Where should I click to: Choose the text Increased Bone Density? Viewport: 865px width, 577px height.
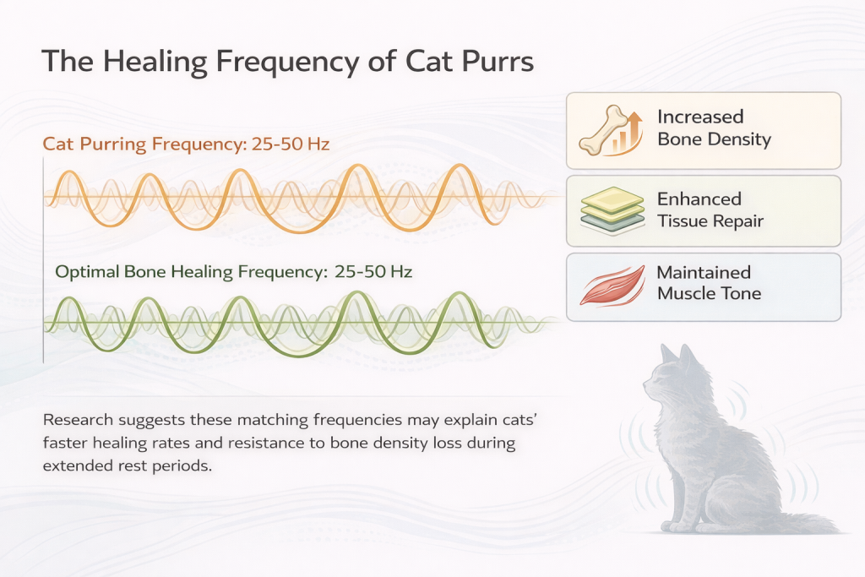click(714, 128)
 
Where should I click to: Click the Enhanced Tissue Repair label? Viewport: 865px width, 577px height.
click(710, 210)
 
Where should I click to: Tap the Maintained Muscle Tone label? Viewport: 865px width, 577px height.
click(709, 283)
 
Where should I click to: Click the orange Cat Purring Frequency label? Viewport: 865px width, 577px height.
click(186, 144)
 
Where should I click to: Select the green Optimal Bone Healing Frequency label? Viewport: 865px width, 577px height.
click(232, 272)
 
